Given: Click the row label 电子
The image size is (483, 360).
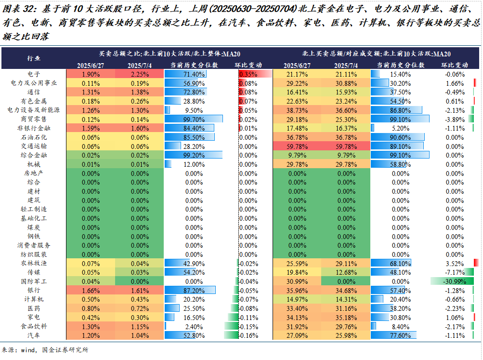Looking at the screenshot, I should (x=34, y=74).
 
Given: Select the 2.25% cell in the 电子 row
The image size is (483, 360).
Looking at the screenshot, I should (x=139, y=74).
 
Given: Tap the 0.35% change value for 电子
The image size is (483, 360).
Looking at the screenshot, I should (x=248, y=74).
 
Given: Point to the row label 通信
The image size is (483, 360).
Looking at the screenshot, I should (x=34, y=92).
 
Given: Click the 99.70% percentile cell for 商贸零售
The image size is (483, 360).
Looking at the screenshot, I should (x=194, y=119).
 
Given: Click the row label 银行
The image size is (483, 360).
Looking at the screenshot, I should (x=34, y=291).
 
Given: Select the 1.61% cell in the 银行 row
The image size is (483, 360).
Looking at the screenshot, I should (x=139, y=291).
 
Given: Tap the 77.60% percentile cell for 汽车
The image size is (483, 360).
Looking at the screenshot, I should (x=400, y=335).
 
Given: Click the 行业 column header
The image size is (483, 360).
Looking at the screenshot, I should (x=34, y=58).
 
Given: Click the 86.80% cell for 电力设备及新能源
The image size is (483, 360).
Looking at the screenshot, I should (x=400, y=110).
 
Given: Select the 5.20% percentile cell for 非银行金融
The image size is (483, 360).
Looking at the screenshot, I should (x=400, y=128).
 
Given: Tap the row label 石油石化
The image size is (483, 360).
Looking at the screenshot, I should (x=34, y=137).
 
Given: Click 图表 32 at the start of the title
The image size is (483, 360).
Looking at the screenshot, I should (x=18, y=9).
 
